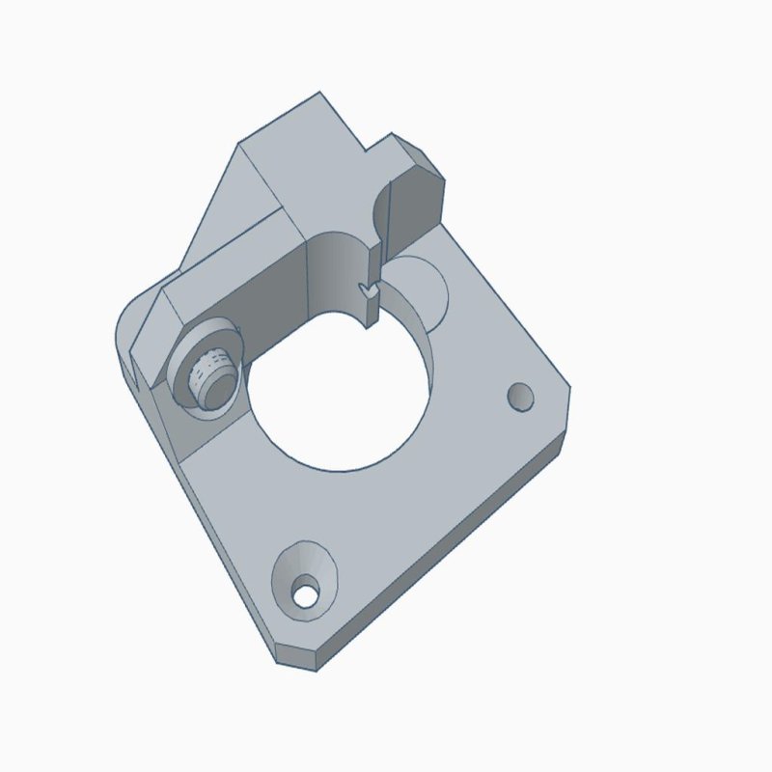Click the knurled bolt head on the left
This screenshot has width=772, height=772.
pos(210,373)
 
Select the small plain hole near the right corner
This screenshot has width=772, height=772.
pos(521,397)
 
